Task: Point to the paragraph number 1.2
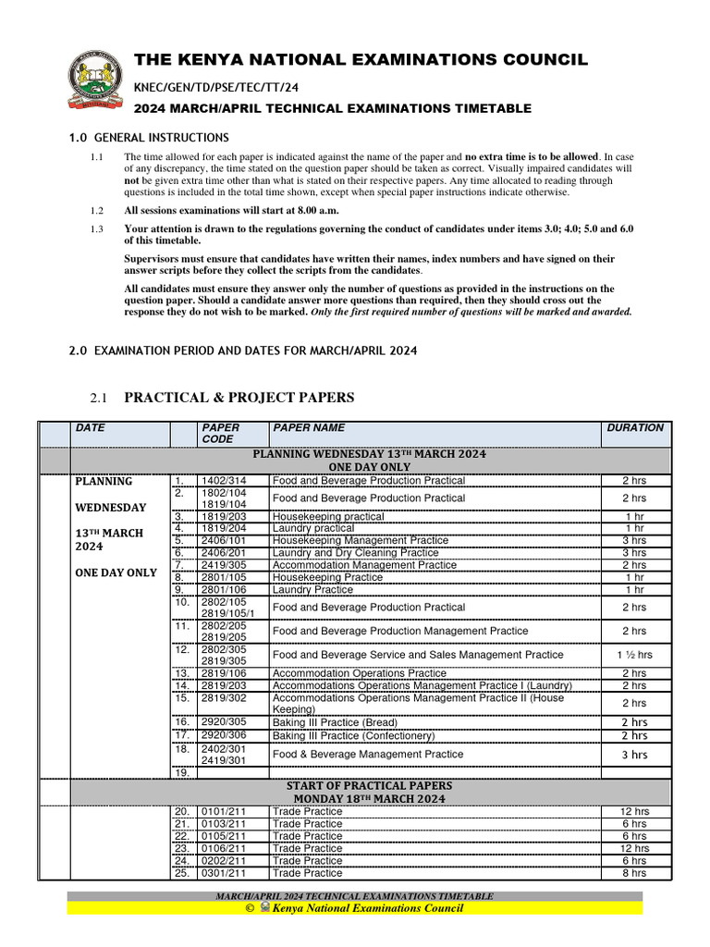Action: click(97, 211)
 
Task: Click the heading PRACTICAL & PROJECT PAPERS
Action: click(239, 398)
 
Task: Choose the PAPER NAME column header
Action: click(309, 428)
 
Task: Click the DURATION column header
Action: click(634, 428)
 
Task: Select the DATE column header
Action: click(90, 428)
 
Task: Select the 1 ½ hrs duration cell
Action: click(634, 655)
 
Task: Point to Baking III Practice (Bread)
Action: click(335, 722)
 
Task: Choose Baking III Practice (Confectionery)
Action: click(353, 735)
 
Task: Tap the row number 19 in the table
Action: click(182, 772)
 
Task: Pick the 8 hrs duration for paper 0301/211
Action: click(634, 873)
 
